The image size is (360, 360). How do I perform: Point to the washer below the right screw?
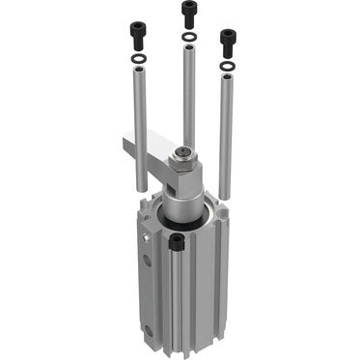(228, 67)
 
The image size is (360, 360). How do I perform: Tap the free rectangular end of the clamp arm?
(129, 144)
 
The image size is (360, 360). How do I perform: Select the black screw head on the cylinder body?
(177, 243)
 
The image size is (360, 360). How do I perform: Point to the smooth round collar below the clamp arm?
(181, 201)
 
